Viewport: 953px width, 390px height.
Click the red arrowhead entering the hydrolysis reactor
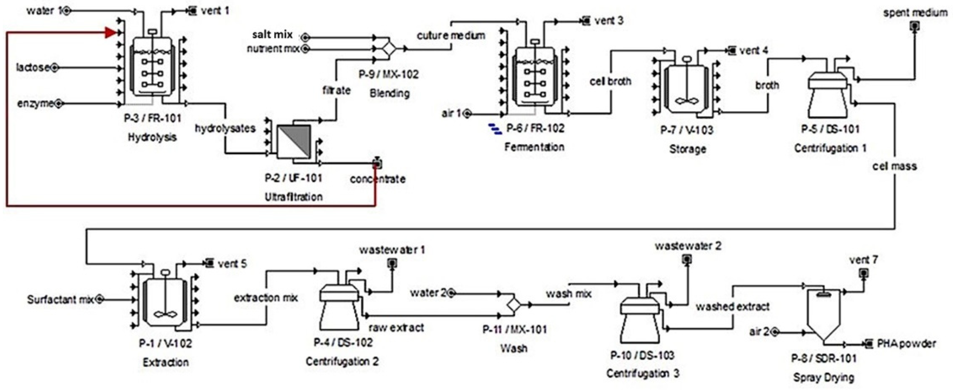(x=110, y=33)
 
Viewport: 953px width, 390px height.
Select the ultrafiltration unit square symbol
(x=294, y=142)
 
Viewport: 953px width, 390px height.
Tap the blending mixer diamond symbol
(x=389, y=49)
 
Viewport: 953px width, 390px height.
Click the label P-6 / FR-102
(x=535, y=129)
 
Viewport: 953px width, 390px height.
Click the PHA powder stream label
(x=906, y=344)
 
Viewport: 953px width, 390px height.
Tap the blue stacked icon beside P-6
(x=495, y=129)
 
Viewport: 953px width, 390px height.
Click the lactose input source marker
(x=54, y=68)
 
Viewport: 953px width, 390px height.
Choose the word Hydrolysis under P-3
(x=152, y=137)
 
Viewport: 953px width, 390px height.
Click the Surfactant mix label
(x=60, y=299)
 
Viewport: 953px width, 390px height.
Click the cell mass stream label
(x=894, y=166)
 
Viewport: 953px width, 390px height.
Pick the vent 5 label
(x=232, y=264)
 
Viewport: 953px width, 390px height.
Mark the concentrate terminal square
(x=377, y=163)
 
